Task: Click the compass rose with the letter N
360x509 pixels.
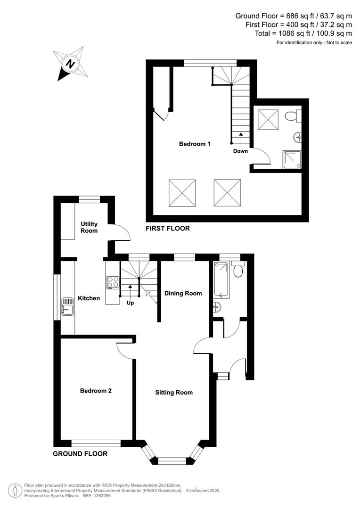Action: click(x=71, y=64)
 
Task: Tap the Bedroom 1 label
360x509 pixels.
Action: click(x=195, y=144)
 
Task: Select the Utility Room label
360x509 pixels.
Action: click(x=89, y=227)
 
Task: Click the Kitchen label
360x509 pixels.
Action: click(x=89, y=298)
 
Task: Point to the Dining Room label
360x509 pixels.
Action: click(x=183, y=293)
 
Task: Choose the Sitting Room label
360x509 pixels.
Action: click(x=174, y=392)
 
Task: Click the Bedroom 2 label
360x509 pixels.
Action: click(x=96, y=391)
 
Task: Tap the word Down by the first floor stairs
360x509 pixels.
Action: click(x=240, y=151)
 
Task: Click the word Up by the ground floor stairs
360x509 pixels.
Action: click(x=130, y=303)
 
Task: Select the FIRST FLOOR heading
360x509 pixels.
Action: click(x=168, y=229)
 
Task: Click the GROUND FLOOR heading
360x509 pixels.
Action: click(x=80, y=454)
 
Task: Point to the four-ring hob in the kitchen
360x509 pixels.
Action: click(x=113, y=282)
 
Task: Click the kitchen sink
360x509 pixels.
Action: click(x=65, y=310)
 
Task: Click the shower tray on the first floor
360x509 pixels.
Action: click(x=291, y=159)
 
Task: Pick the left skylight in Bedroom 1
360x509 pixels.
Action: click(x=182, y=192)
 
